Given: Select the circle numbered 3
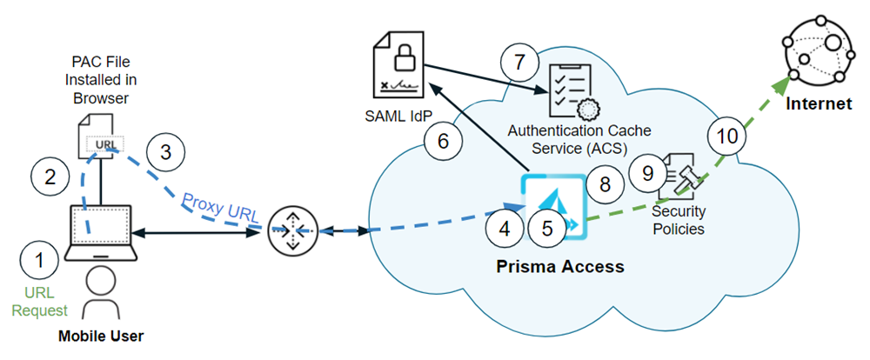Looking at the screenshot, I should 165,151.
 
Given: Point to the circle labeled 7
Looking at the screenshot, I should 519,62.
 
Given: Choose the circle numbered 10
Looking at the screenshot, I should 726,135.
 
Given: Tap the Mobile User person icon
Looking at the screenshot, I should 101,291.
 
